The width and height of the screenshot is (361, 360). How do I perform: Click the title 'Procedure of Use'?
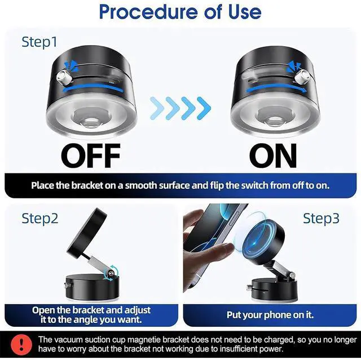pos(180,12)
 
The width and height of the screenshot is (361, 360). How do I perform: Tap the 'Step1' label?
pos(39,41)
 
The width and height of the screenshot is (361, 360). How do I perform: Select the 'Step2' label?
pos(40,218)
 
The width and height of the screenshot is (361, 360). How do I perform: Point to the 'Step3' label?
pos(322,218)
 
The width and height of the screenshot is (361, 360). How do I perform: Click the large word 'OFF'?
pos(91,155)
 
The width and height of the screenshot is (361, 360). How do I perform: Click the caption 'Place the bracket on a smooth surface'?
pos(180,185)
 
